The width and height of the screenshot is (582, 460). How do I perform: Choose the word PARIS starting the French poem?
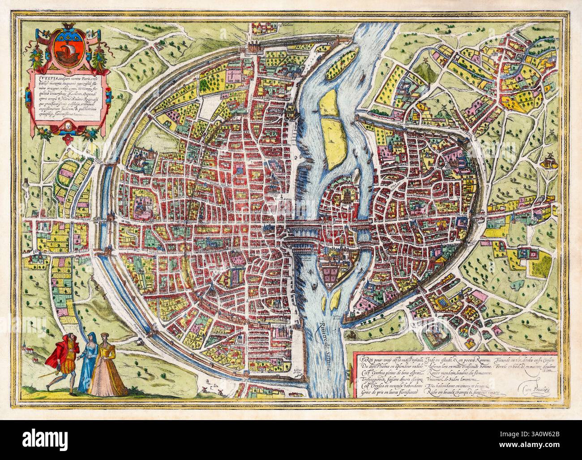(364, 360)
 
